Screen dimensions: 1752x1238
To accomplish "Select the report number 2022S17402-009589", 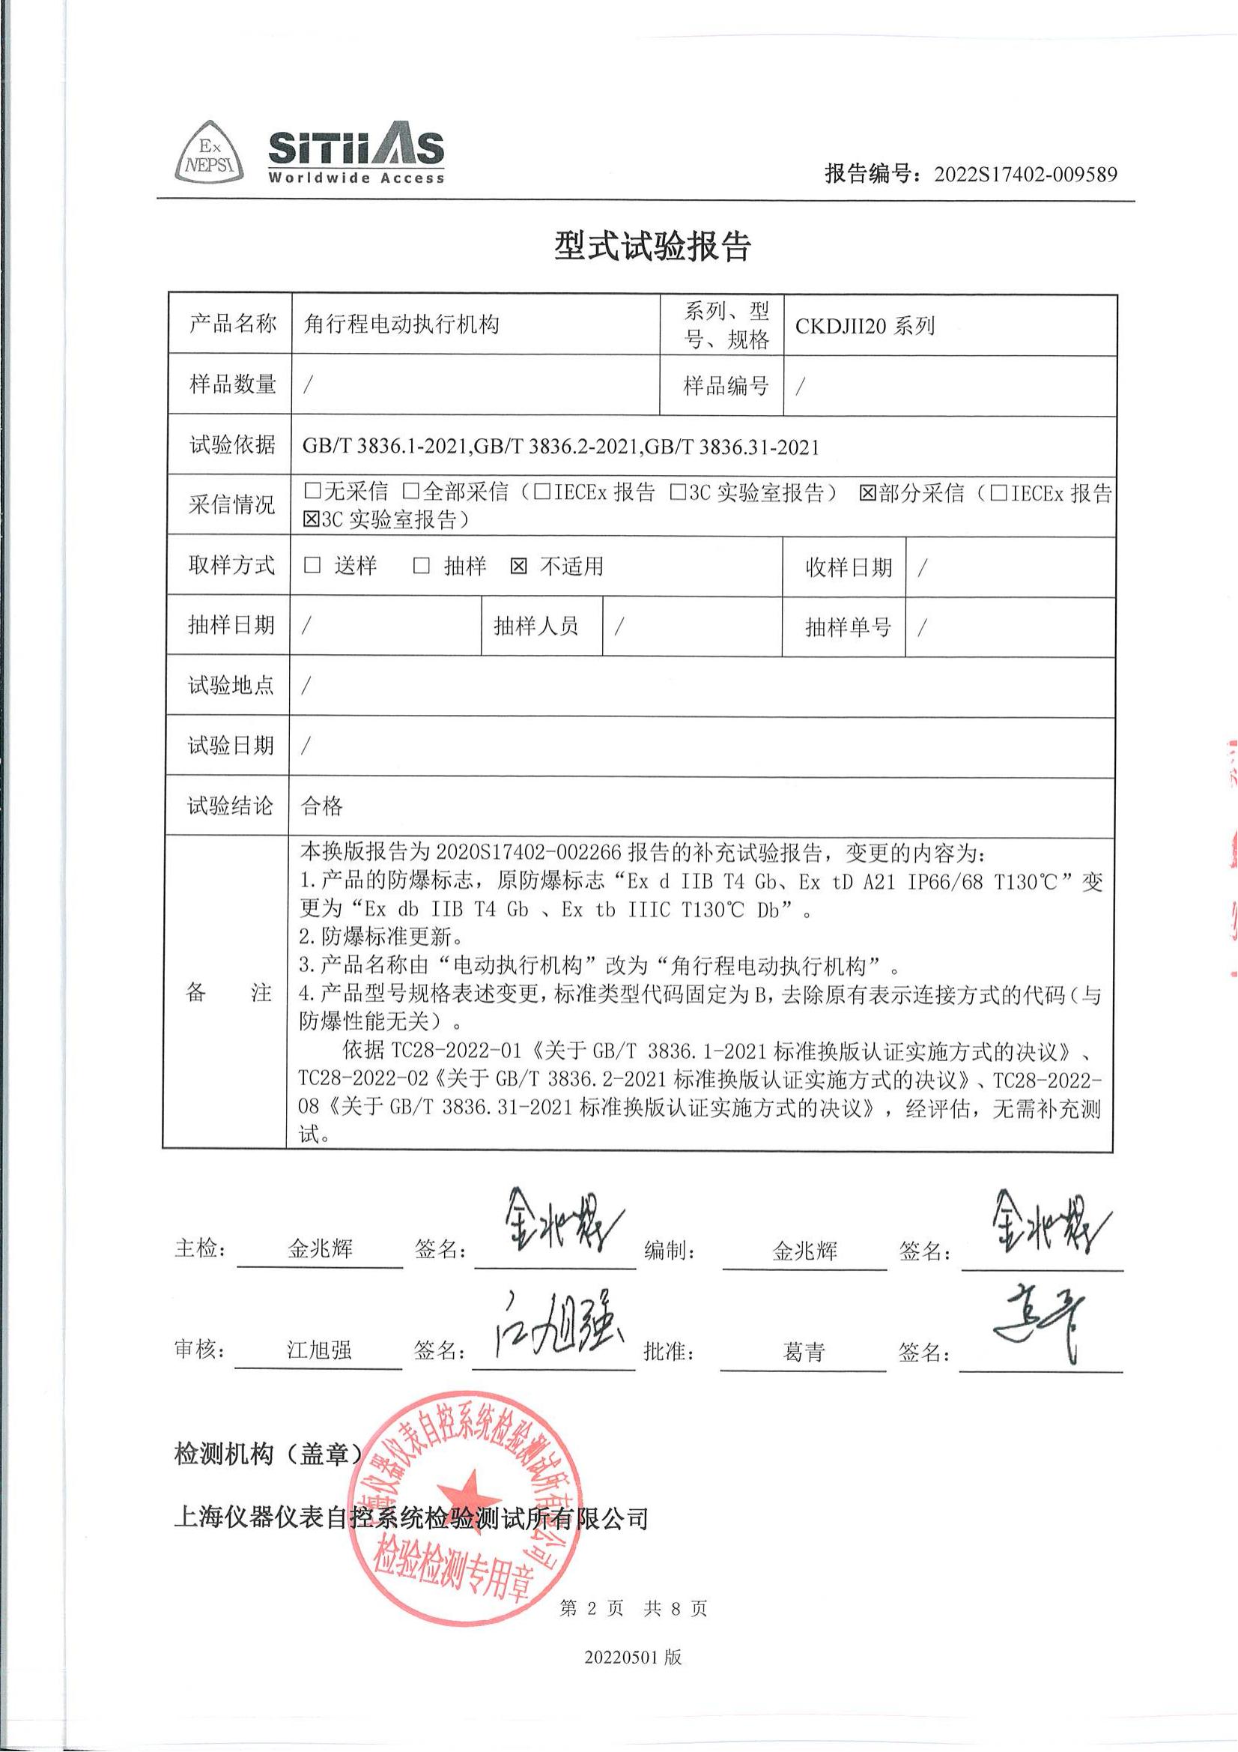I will tap(1025, 175).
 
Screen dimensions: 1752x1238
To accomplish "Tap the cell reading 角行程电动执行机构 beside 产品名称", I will tap(401, 325).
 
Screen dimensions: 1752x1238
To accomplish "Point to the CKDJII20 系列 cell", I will tap(864, 327).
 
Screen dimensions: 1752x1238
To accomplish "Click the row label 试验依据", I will tap(232, 445).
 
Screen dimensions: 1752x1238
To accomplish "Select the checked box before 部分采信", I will tap(867, 494).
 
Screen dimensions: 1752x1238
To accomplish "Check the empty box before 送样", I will tap(312, 566).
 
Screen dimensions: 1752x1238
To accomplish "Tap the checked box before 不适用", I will tap(519, 567).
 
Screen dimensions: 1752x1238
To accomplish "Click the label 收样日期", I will tap(849, 567).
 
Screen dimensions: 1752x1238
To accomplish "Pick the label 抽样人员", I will tap(535, 626).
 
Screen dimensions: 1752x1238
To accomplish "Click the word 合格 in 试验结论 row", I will tap(322, 806).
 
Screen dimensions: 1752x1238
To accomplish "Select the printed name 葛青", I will tap(803, 1352).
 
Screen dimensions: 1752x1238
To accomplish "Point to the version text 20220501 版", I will tap(633, 1658).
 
